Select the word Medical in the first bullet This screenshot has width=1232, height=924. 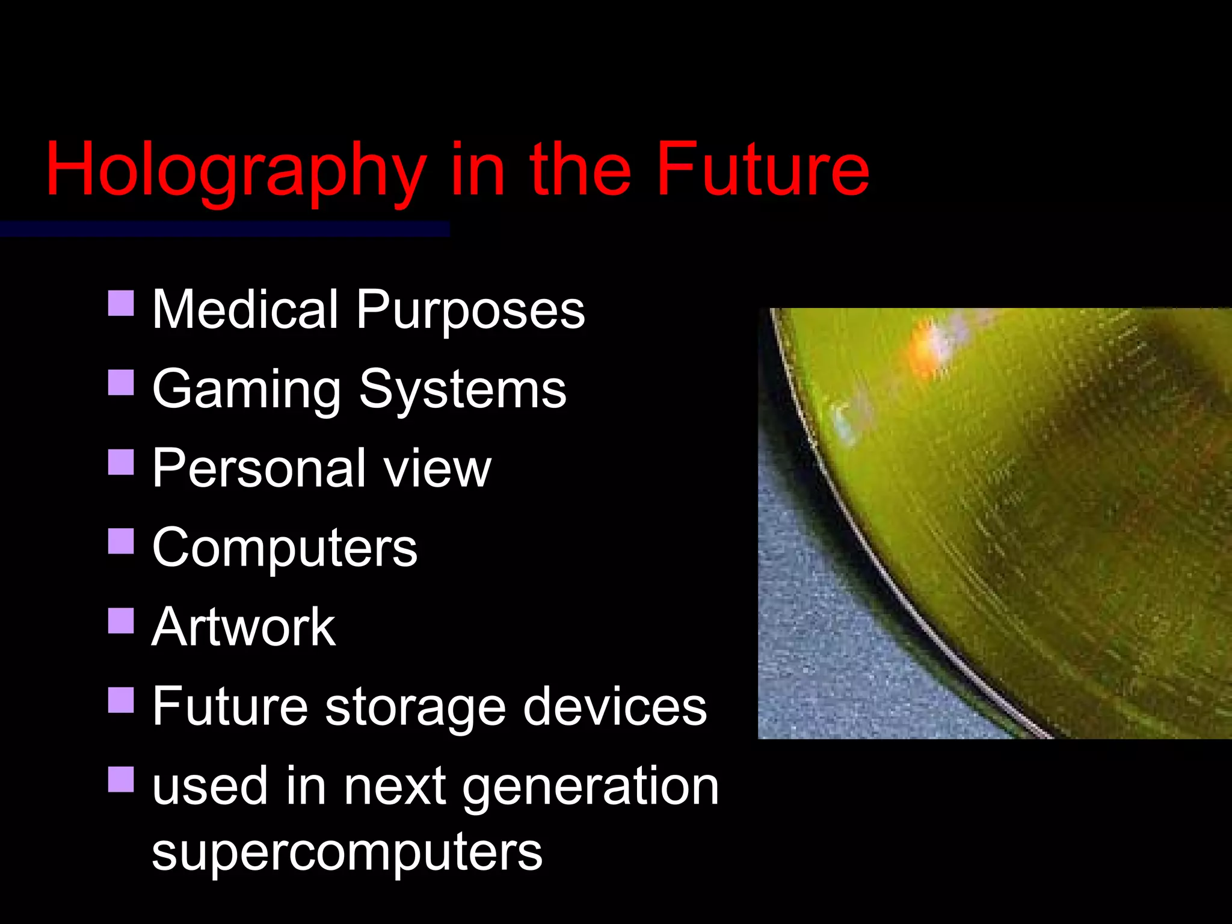[245, 310]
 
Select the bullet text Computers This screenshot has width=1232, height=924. [285, 549]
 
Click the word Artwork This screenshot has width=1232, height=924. [244, 627]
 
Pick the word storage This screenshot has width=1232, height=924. [416, 708]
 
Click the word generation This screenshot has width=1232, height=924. [591, 787]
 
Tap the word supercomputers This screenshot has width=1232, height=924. [347, 853]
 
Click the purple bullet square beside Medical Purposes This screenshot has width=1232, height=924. [121, 303]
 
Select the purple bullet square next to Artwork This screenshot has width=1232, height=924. [121, 621]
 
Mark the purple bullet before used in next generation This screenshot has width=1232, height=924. [121, 779]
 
